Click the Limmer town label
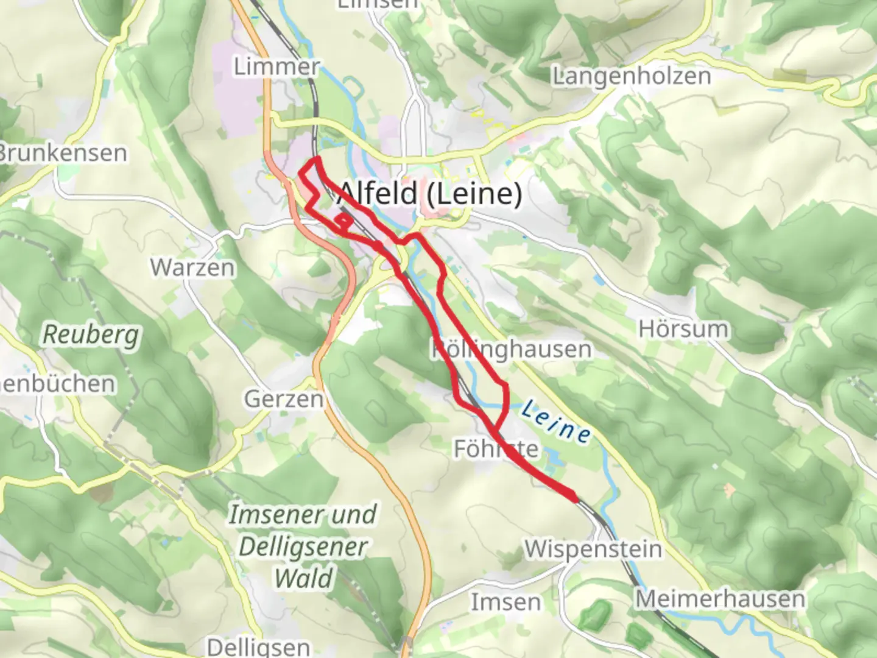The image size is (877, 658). click(x=276, y=66)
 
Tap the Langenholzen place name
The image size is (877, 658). click(x=631, y=76)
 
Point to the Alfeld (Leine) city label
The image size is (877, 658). click(x=430, y=194)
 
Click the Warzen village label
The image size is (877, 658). click(x=192, y=267)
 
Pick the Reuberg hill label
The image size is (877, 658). click(x=91, y=334)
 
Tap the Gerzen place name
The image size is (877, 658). click(x=284, y=399)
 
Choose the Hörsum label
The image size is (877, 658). click(x=683, y=329)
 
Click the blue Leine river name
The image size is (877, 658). click(x=555, y=422)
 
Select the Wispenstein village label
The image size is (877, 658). click(x=593, y=549)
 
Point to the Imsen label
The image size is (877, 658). click(x=505, y=602)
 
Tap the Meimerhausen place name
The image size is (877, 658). click(x=720, y=599)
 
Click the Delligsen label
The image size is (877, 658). click(x=258, y=646)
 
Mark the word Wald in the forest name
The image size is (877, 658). click(x=303, y=578)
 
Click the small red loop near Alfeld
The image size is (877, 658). click(x=343, y=222)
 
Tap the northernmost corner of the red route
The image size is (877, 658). click(x=317, y=159)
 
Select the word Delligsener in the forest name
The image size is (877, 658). click(x=303, y=547)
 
